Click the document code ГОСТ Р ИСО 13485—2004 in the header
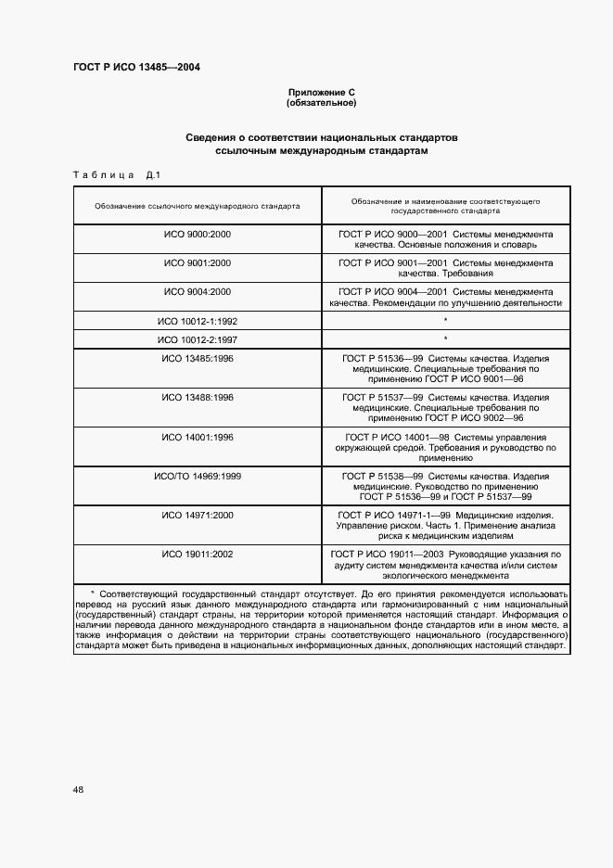(x=136, y=68)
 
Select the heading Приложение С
(x=322, y=93)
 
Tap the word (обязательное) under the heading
(x=322, y=103)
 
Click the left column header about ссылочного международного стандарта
(x=198, y=206)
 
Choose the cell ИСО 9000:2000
(x=198, y=235)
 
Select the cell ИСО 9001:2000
(x=198, y=263)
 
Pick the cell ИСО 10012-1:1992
(x=198, y=321)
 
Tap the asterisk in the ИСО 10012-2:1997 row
(x=446, y=339)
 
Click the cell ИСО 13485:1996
(x=198, y=358)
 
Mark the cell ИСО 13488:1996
(x=198, y=397)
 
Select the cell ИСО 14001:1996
(x=198, y=437)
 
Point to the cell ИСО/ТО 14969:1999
(x=198, y=476)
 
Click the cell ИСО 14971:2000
(x=198, y=515)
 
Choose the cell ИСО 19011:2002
(x=198, y=554)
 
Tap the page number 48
(x=78, y=790)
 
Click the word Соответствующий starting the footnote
(x=134, y=592)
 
